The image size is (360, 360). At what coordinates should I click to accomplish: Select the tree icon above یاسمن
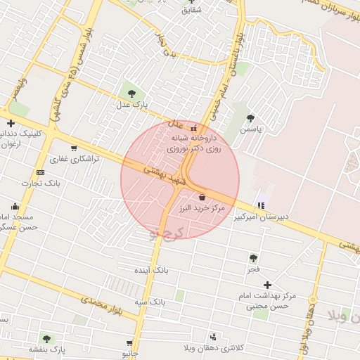(251, 118)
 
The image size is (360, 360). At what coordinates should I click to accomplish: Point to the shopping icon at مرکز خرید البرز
(203, 197)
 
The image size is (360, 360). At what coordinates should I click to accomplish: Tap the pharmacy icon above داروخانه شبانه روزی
(194, 129)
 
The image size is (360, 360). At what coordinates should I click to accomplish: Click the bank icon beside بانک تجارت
(40, 172)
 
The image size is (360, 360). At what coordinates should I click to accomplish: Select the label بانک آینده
(152, 269)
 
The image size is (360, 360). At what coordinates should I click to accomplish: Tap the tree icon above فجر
(253, 258)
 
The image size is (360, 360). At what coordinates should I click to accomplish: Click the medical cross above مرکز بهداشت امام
(267, 284)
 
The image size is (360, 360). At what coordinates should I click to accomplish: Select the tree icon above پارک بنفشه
(46, 339)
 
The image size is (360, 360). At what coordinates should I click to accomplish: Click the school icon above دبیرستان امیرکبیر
(262, 205)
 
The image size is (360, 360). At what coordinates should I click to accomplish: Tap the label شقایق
(191, 10)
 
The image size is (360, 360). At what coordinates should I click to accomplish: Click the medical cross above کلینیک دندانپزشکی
(11, 123)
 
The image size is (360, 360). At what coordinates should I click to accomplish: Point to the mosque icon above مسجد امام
(15, 206)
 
